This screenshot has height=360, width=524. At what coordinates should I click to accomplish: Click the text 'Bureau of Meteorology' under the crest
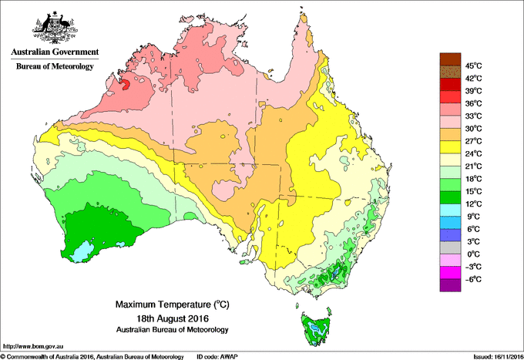[x=54, y=66]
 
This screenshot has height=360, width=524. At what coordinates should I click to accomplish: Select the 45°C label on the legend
[x=472, y=66]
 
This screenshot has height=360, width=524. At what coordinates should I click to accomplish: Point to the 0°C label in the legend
[x=472, y=254]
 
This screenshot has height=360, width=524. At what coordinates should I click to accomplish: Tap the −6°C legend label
[x=472, y=279]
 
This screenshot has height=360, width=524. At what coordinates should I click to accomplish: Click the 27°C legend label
[x=472, y=141]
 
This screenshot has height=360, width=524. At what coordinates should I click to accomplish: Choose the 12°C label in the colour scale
[x=472, y=204]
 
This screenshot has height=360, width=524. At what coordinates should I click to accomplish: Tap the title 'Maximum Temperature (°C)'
[x=162, y=305]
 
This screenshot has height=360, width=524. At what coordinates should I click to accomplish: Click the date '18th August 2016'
[x=162, y=318]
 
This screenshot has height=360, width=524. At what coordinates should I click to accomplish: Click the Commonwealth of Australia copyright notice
[x=92, y=356]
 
